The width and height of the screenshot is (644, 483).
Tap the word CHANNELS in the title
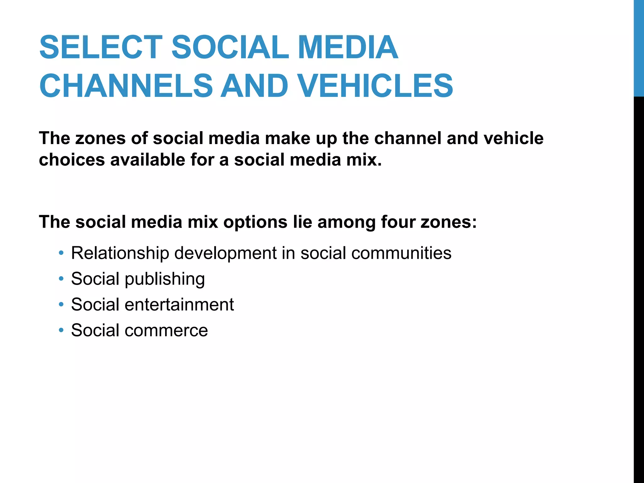coord(126,86)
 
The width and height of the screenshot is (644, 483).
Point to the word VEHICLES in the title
coord(375,86)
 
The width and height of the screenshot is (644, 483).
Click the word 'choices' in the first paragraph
coord(72,160)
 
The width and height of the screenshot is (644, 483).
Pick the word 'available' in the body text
coord(147,160)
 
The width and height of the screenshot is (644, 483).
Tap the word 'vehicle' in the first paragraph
coord(514,138)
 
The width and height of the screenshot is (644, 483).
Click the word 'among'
coord(346,222)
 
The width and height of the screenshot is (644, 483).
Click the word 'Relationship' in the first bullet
coord(120,253)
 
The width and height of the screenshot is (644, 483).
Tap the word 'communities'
coord(401,253)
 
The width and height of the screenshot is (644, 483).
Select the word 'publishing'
coord(165,279)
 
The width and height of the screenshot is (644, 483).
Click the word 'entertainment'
coord(179,304)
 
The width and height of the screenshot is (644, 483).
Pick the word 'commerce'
coord(166,330)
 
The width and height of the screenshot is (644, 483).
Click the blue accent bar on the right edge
coord(639,48)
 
